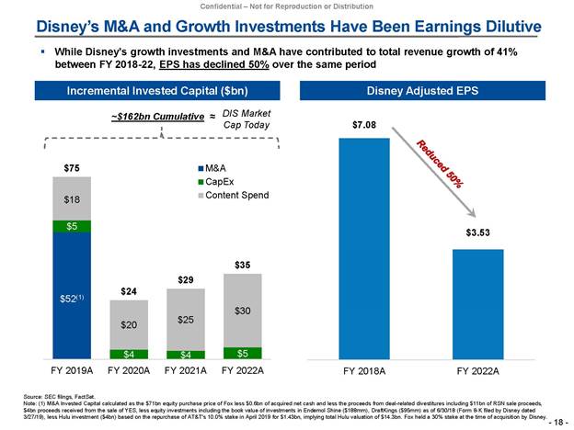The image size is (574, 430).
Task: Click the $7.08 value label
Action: [x=364, y=123]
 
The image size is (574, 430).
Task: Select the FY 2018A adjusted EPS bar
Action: [x=364, y=248]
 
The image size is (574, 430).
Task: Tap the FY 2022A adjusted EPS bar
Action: [x=478, y=303]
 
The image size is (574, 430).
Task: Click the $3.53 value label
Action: [x=478, y=234]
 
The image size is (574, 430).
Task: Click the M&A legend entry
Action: [x=213, y=169]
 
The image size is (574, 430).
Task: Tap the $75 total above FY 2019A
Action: [x=71, y=167]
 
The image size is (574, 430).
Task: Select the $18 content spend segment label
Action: [x=71, y=199]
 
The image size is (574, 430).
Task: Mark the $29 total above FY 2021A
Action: [x=185, y=278]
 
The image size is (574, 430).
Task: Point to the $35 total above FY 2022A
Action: [x=242, y=265]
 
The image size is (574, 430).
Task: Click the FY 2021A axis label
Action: [x=185, y=371]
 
